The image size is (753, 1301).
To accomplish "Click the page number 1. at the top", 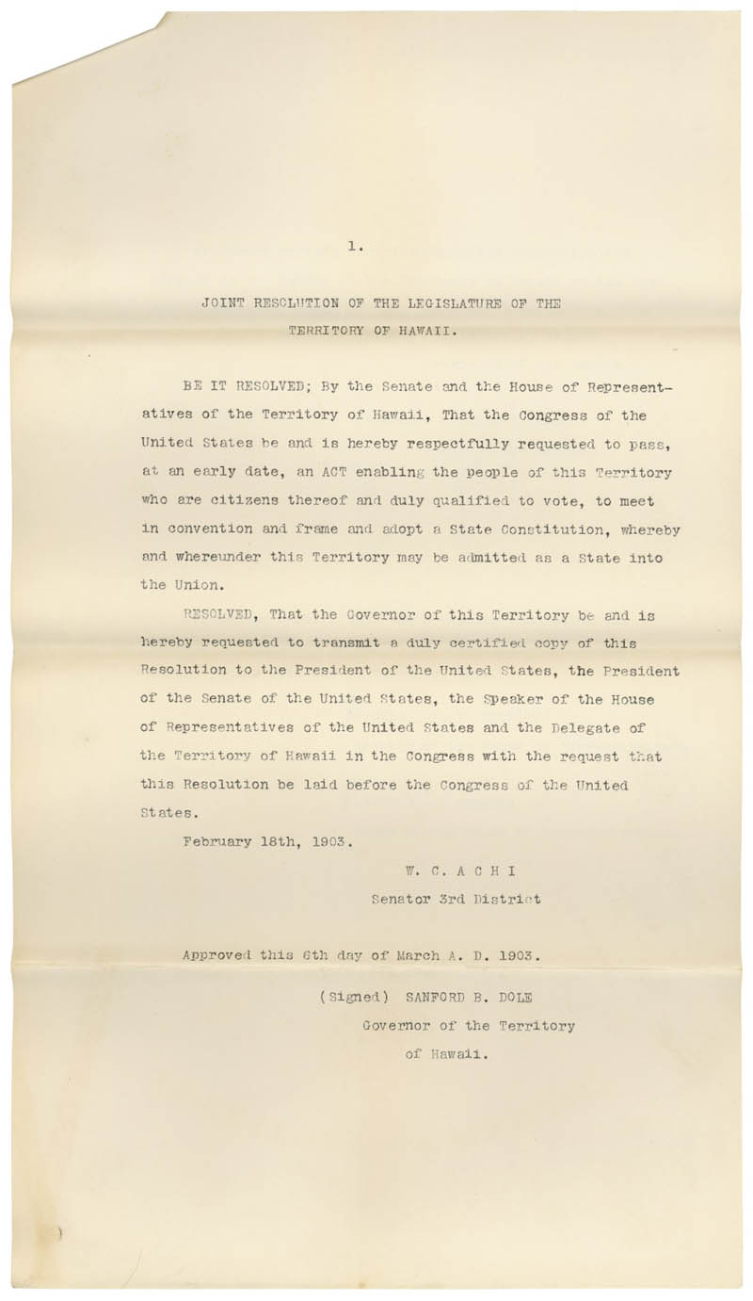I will click(355, 246).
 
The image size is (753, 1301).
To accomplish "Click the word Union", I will click(200, 585).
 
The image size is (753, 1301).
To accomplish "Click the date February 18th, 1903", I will click(267, 841).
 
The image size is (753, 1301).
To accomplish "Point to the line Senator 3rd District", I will click(456, 899).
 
